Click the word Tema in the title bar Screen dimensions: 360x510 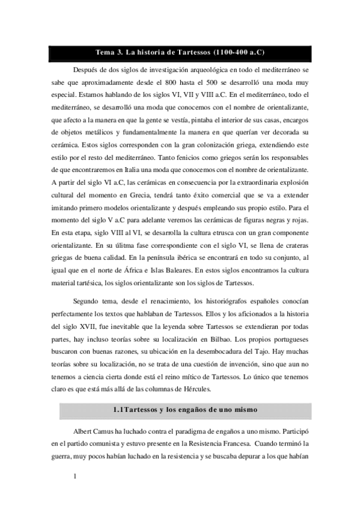pyautogui.click(x=105, y=51)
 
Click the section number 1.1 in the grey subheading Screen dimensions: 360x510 pyautogui.click(x=118, y=410)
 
